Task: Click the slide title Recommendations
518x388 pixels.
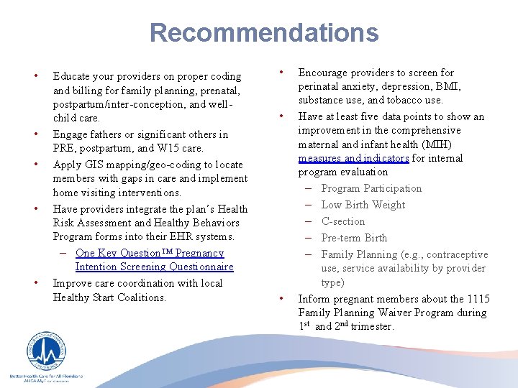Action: click(x=263, y=33)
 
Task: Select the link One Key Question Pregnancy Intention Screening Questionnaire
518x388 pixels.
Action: click(x=154, y=260)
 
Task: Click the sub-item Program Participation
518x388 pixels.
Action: click(x=371, y=188)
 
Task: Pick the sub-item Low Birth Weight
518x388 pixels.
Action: click(x=363, y=205)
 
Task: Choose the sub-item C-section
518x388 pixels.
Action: click(x=343, y=221)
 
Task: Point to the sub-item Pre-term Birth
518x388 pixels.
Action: click(x=354, y=238)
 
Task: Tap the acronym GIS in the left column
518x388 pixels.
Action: click(x=93, y=165)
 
